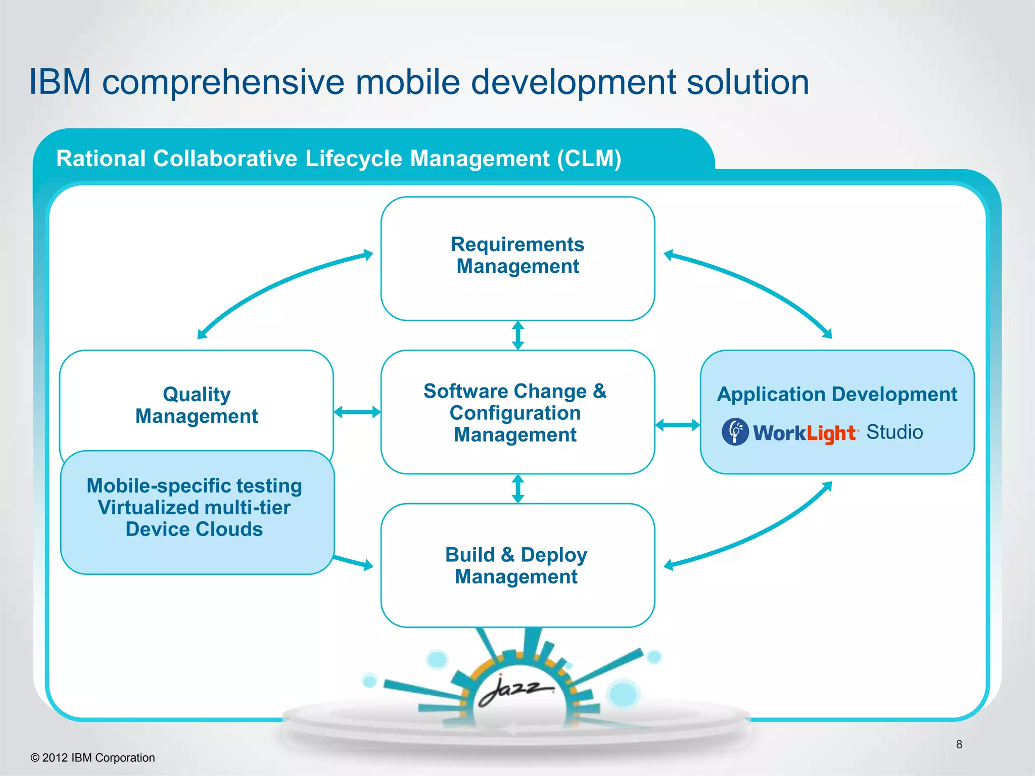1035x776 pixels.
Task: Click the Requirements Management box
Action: [517, 258]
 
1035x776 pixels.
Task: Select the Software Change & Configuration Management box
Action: [517, 412]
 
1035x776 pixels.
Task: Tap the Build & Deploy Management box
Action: [517, 565]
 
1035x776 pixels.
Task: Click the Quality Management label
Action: [197, 405]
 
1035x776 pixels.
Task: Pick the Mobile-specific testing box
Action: [197, 511]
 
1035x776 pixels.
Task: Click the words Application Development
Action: [837, 395]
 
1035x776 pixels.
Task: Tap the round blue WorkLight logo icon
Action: [735, 432]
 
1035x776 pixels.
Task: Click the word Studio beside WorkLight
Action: [895, 432]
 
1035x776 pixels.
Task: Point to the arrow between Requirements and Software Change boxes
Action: [518, 335]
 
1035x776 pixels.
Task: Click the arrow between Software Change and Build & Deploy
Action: [518, 489]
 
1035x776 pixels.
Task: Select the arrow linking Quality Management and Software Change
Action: [357, 412]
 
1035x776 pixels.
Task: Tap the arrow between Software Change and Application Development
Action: [678, 425]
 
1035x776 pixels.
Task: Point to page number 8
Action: [959, 744]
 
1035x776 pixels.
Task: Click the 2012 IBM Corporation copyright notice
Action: [93, 758]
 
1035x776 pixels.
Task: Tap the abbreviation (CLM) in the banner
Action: [589, 159]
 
